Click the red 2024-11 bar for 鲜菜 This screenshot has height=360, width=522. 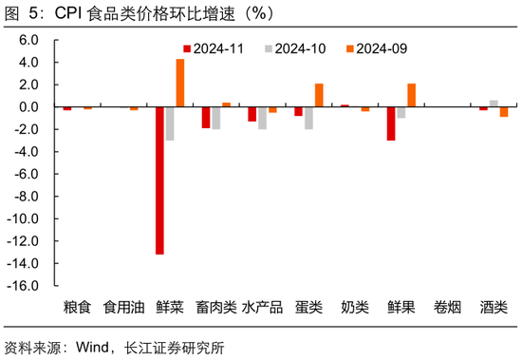click(x=159, y=180)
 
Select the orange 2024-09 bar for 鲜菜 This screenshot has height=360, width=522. click(x=180, y=83)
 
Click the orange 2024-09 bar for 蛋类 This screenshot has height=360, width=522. click(x=319, y=95)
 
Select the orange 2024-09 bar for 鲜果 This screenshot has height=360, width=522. click(x=411, y=95)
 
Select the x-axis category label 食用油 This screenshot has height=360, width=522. click(x=123, y=308)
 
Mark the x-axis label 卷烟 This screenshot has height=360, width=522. click(x=448, y=308)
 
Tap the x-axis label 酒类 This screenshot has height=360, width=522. click(x=494, y=308)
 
